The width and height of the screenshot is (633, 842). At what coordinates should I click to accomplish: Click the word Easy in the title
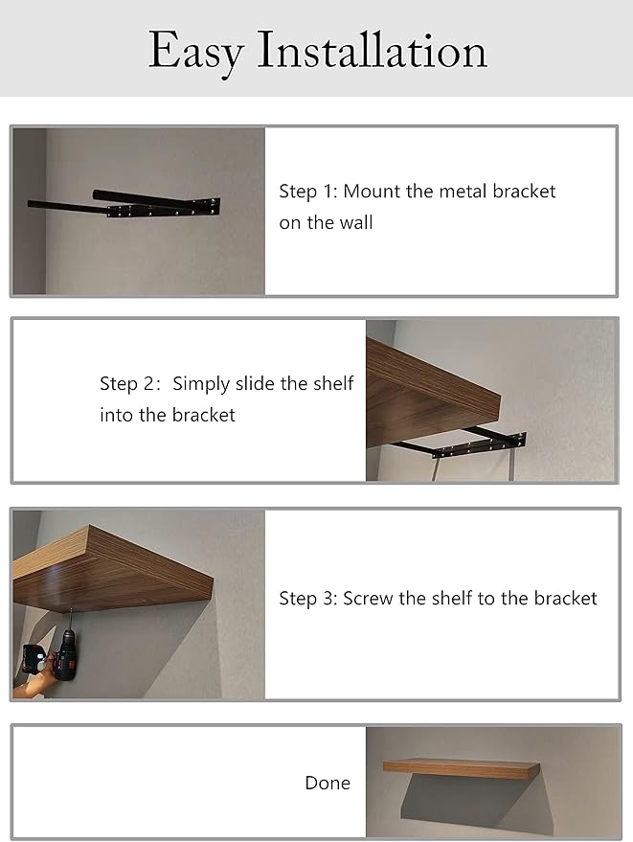coord(196,52)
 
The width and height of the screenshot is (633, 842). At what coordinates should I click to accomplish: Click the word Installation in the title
coord(373,50)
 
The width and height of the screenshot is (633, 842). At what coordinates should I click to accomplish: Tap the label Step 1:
coord(308,193)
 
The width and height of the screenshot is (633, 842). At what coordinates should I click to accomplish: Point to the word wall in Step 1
coord(356,222)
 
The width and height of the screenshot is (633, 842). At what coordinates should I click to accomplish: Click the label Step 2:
coord(129,384)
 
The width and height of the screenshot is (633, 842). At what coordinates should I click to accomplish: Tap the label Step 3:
coord(308,599)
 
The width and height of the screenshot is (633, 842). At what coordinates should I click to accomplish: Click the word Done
coord(328,783)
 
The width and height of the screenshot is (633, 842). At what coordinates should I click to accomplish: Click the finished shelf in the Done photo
coord(462,769)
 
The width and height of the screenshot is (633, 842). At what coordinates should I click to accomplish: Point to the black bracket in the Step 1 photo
coord(124,203)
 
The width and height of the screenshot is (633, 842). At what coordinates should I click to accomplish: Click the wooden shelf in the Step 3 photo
coord(113,570)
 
